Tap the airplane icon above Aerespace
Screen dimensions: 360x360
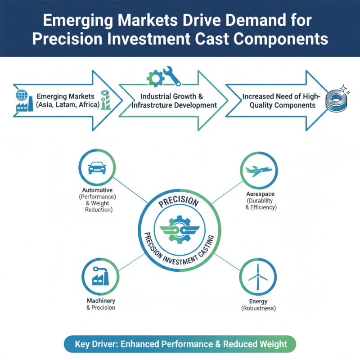pos(259,171)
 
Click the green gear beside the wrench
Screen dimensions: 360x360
pos(154,78)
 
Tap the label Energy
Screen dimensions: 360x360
pos(258,301)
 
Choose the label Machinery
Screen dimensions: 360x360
pos(101,301)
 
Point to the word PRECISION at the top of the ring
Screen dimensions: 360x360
pos(179,202)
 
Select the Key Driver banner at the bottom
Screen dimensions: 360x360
pos(180,344)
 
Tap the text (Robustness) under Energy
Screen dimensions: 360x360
pos(258,308)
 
